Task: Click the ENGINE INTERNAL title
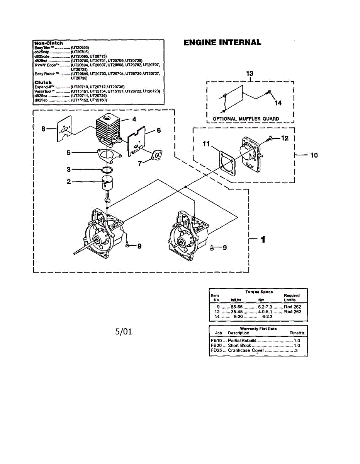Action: click(222, 43)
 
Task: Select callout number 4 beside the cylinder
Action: click(134, 119)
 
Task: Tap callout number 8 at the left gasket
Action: click(43, 129)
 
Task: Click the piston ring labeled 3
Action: click(108, 170)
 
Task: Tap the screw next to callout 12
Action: click(270, 138)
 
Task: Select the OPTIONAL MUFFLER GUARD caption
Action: click(246, 119)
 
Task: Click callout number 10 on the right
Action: click(314, 155)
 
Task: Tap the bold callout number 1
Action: click(263, 240)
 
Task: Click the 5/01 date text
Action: click(124, 331)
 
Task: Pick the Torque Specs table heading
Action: click(259, 292)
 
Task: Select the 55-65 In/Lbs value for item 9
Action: click(236, 306)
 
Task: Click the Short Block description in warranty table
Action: click(239, 345)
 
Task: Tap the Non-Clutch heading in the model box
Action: click(49, 43)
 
